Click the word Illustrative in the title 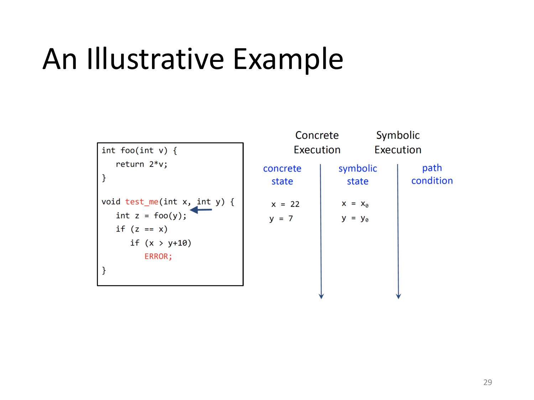click(155, 59)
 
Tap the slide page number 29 click(487, 382)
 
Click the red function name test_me click(141, 202)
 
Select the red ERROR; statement click(158, 256)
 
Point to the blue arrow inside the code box click(201, 210)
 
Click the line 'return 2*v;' click(141, 164)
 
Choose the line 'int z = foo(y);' click(151, 215)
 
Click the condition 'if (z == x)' click(141, 229)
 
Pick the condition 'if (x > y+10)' click(161, 243)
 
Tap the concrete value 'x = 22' click(285, 204)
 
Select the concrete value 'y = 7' click(281, 218)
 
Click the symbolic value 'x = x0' click(355, 204)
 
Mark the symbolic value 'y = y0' click(355, 218)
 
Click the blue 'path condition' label click(432, 174)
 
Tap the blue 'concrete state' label click(282, 175)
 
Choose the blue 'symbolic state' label click(357, 175)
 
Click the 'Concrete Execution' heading click(317, 142)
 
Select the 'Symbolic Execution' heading click(398, 142)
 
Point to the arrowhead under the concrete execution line click(321, 296)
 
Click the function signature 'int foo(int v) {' click(139, 150)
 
